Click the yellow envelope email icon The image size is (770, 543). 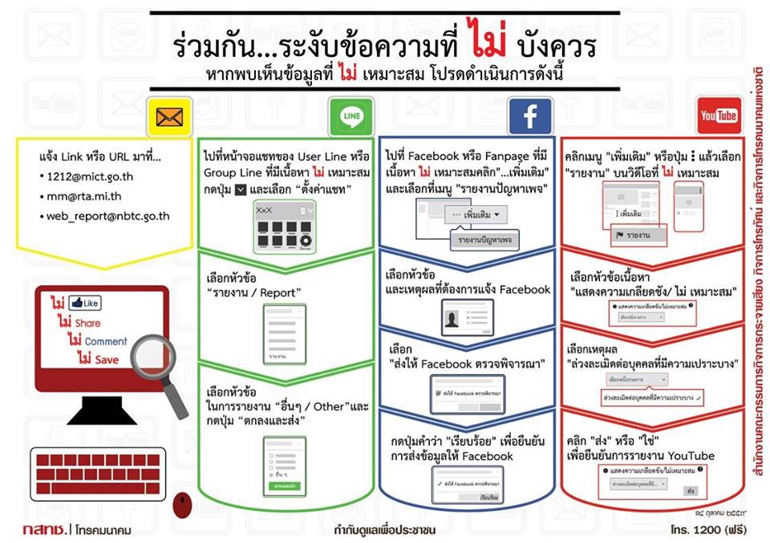(170, 118)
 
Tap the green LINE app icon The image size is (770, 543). (351, 118)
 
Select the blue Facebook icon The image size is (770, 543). (530, 118)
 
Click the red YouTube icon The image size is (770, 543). (719, 117)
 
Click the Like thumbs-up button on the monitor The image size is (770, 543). (85, 304)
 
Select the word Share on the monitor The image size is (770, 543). (87, 323)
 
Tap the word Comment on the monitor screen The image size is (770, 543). (105, 341)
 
